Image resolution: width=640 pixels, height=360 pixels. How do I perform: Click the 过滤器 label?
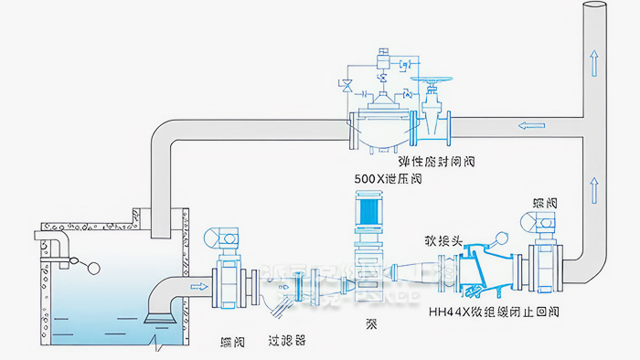pos(286,338)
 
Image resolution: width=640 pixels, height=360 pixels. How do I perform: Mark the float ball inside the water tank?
pos(91,269)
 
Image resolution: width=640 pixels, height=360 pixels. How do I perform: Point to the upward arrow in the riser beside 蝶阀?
pos(595,189)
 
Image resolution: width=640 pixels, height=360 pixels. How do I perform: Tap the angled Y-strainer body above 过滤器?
pos(286,302)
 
